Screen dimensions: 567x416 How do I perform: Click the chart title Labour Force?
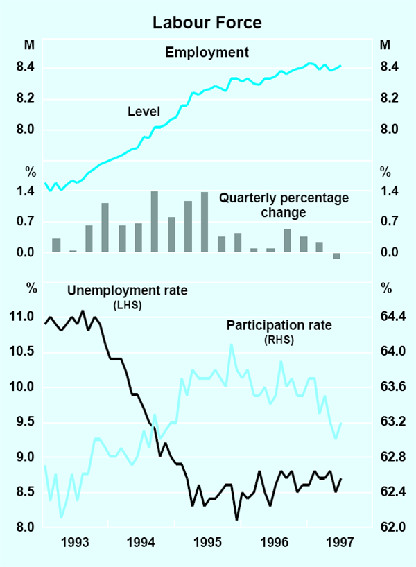[207, 23]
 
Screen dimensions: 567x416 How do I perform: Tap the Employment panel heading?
[206, 52]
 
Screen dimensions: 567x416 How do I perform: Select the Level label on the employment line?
[144, 111]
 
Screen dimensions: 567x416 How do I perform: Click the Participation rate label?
[279, 325]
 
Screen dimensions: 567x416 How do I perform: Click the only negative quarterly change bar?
[337, 256]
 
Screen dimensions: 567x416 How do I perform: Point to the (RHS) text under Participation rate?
[279, 340]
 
